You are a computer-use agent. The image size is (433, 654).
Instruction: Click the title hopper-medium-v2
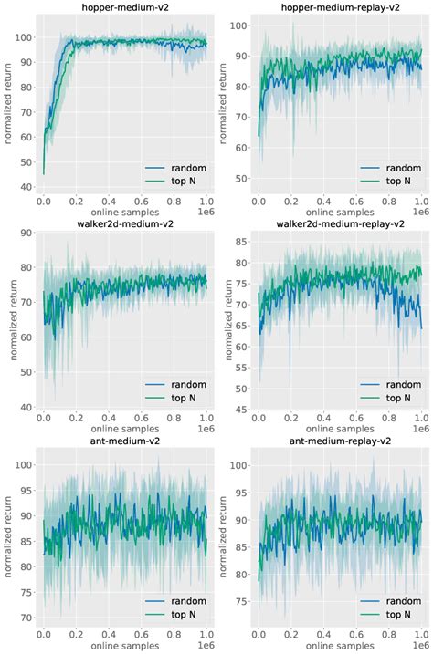(125, 6)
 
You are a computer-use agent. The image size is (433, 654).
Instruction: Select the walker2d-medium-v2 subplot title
(125, 222)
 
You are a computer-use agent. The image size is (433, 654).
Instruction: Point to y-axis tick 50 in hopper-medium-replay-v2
(240, 177)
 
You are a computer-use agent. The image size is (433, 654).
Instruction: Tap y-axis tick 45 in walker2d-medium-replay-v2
(240, 410)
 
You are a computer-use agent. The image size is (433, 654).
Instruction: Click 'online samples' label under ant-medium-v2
(125, 647)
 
